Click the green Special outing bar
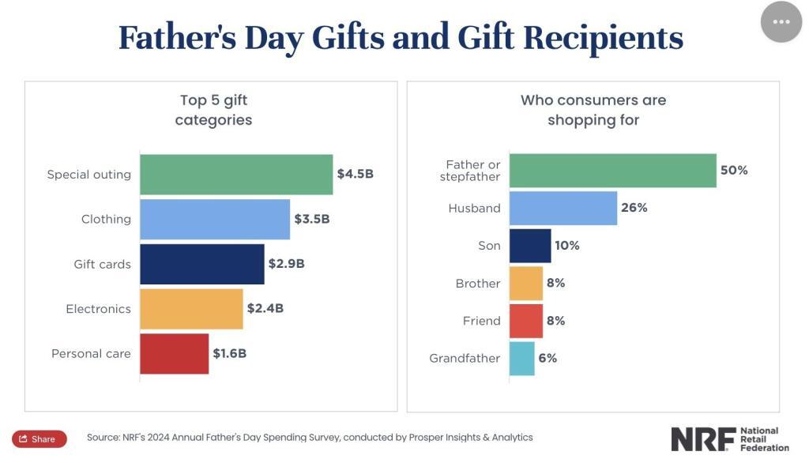[236, 175]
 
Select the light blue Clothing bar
[215, 220]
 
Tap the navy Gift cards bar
[202, 264]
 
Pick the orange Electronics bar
[191, 309]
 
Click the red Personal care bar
[175, 354]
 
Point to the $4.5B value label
[355, 174]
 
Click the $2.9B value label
[286, 264]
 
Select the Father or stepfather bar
[613, 171]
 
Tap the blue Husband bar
[563, 208]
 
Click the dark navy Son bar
[530, 246]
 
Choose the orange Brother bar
[526, 284]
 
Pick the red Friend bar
[526, 321]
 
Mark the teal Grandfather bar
[522, 358]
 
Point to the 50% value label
[734, 171]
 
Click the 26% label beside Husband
[634, 208]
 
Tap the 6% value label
[547, 358]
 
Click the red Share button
[40, 439]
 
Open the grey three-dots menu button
[781, 21]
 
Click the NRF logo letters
[704, 439]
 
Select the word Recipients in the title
[603, 38]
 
